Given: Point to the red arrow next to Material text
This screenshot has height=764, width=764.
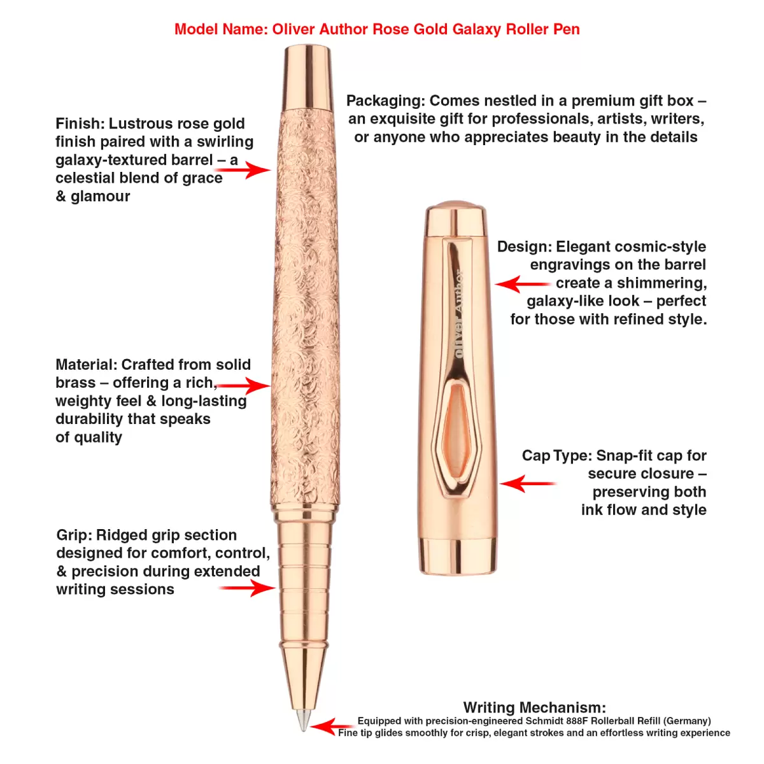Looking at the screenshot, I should pos(245,385).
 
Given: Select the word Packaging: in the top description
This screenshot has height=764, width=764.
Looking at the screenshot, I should pos(385,101).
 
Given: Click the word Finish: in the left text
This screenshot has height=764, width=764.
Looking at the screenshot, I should pos(80,124).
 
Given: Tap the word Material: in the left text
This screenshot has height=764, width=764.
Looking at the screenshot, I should pos(86,365).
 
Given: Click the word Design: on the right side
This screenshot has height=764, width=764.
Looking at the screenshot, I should pos(525,246).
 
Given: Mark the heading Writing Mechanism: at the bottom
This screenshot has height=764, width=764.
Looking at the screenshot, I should pos(534,707).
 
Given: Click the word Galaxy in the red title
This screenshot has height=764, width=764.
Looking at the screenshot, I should pos(476,29).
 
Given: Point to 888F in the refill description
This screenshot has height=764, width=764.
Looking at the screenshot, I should pos(572,721).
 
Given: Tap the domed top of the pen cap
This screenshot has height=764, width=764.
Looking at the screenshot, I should pos(456,206).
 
